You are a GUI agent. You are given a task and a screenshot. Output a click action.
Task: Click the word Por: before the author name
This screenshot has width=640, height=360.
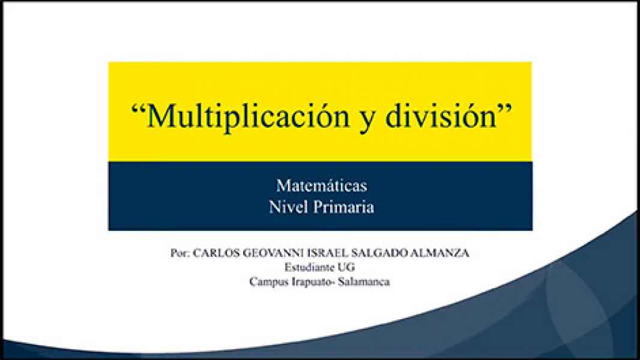[x=180, y=254]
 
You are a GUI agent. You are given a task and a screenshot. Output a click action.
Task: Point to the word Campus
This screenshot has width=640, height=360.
[x=268, y=281]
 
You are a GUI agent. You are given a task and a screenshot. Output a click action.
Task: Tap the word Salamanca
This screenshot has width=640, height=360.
[x=364, y=281]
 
